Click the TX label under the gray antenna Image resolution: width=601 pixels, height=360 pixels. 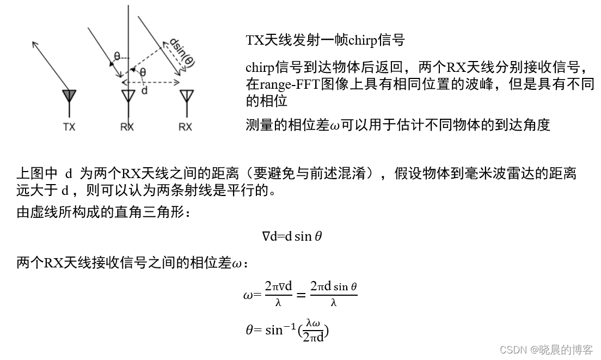69,127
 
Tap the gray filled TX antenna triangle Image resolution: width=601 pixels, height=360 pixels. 69,96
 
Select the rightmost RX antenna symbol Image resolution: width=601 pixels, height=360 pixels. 186,96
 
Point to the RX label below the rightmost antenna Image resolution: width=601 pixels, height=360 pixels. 186,127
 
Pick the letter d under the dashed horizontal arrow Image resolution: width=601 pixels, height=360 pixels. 144,91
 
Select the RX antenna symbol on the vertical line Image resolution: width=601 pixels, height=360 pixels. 128,96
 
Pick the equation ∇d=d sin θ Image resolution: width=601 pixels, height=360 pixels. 292,236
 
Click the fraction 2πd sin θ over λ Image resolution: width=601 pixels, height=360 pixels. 333,294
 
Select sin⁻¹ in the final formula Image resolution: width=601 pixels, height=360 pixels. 281,330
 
